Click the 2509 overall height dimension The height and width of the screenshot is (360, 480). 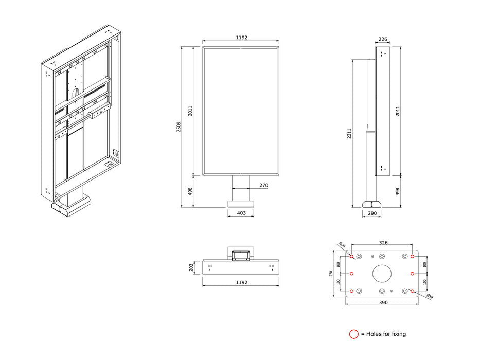point(179,127)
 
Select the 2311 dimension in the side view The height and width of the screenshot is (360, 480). point(349,134)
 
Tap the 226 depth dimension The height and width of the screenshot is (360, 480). point(383,39)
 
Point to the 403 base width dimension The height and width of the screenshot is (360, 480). point(241,213)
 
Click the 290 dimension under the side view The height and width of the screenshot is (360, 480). point(372,213)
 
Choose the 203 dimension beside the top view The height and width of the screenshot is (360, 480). point(191,267)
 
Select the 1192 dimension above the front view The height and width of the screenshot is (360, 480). point(241,38)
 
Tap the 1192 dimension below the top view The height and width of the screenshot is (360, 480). point(241,282)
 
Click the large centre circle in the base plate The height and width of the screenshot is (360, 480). point(382,274)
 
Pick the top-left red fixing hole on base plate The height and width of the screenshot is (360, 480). point(351,256)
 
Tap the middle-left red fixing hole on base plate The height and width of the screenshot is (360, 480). point(351,274)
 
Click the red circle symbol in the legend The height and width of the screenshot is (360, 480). point(353,334)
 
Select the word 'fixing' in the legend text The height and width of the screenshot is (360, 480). point(398,334)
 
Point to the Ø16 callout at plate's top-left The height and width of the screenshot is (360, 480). point(342,245)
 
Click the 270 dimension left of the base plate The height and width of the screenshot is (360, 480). point(331,274)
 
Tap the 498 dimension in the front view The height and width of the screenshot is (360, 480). point(190,191)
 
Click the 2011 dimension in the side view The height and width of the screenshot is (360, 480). point(397,111)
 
